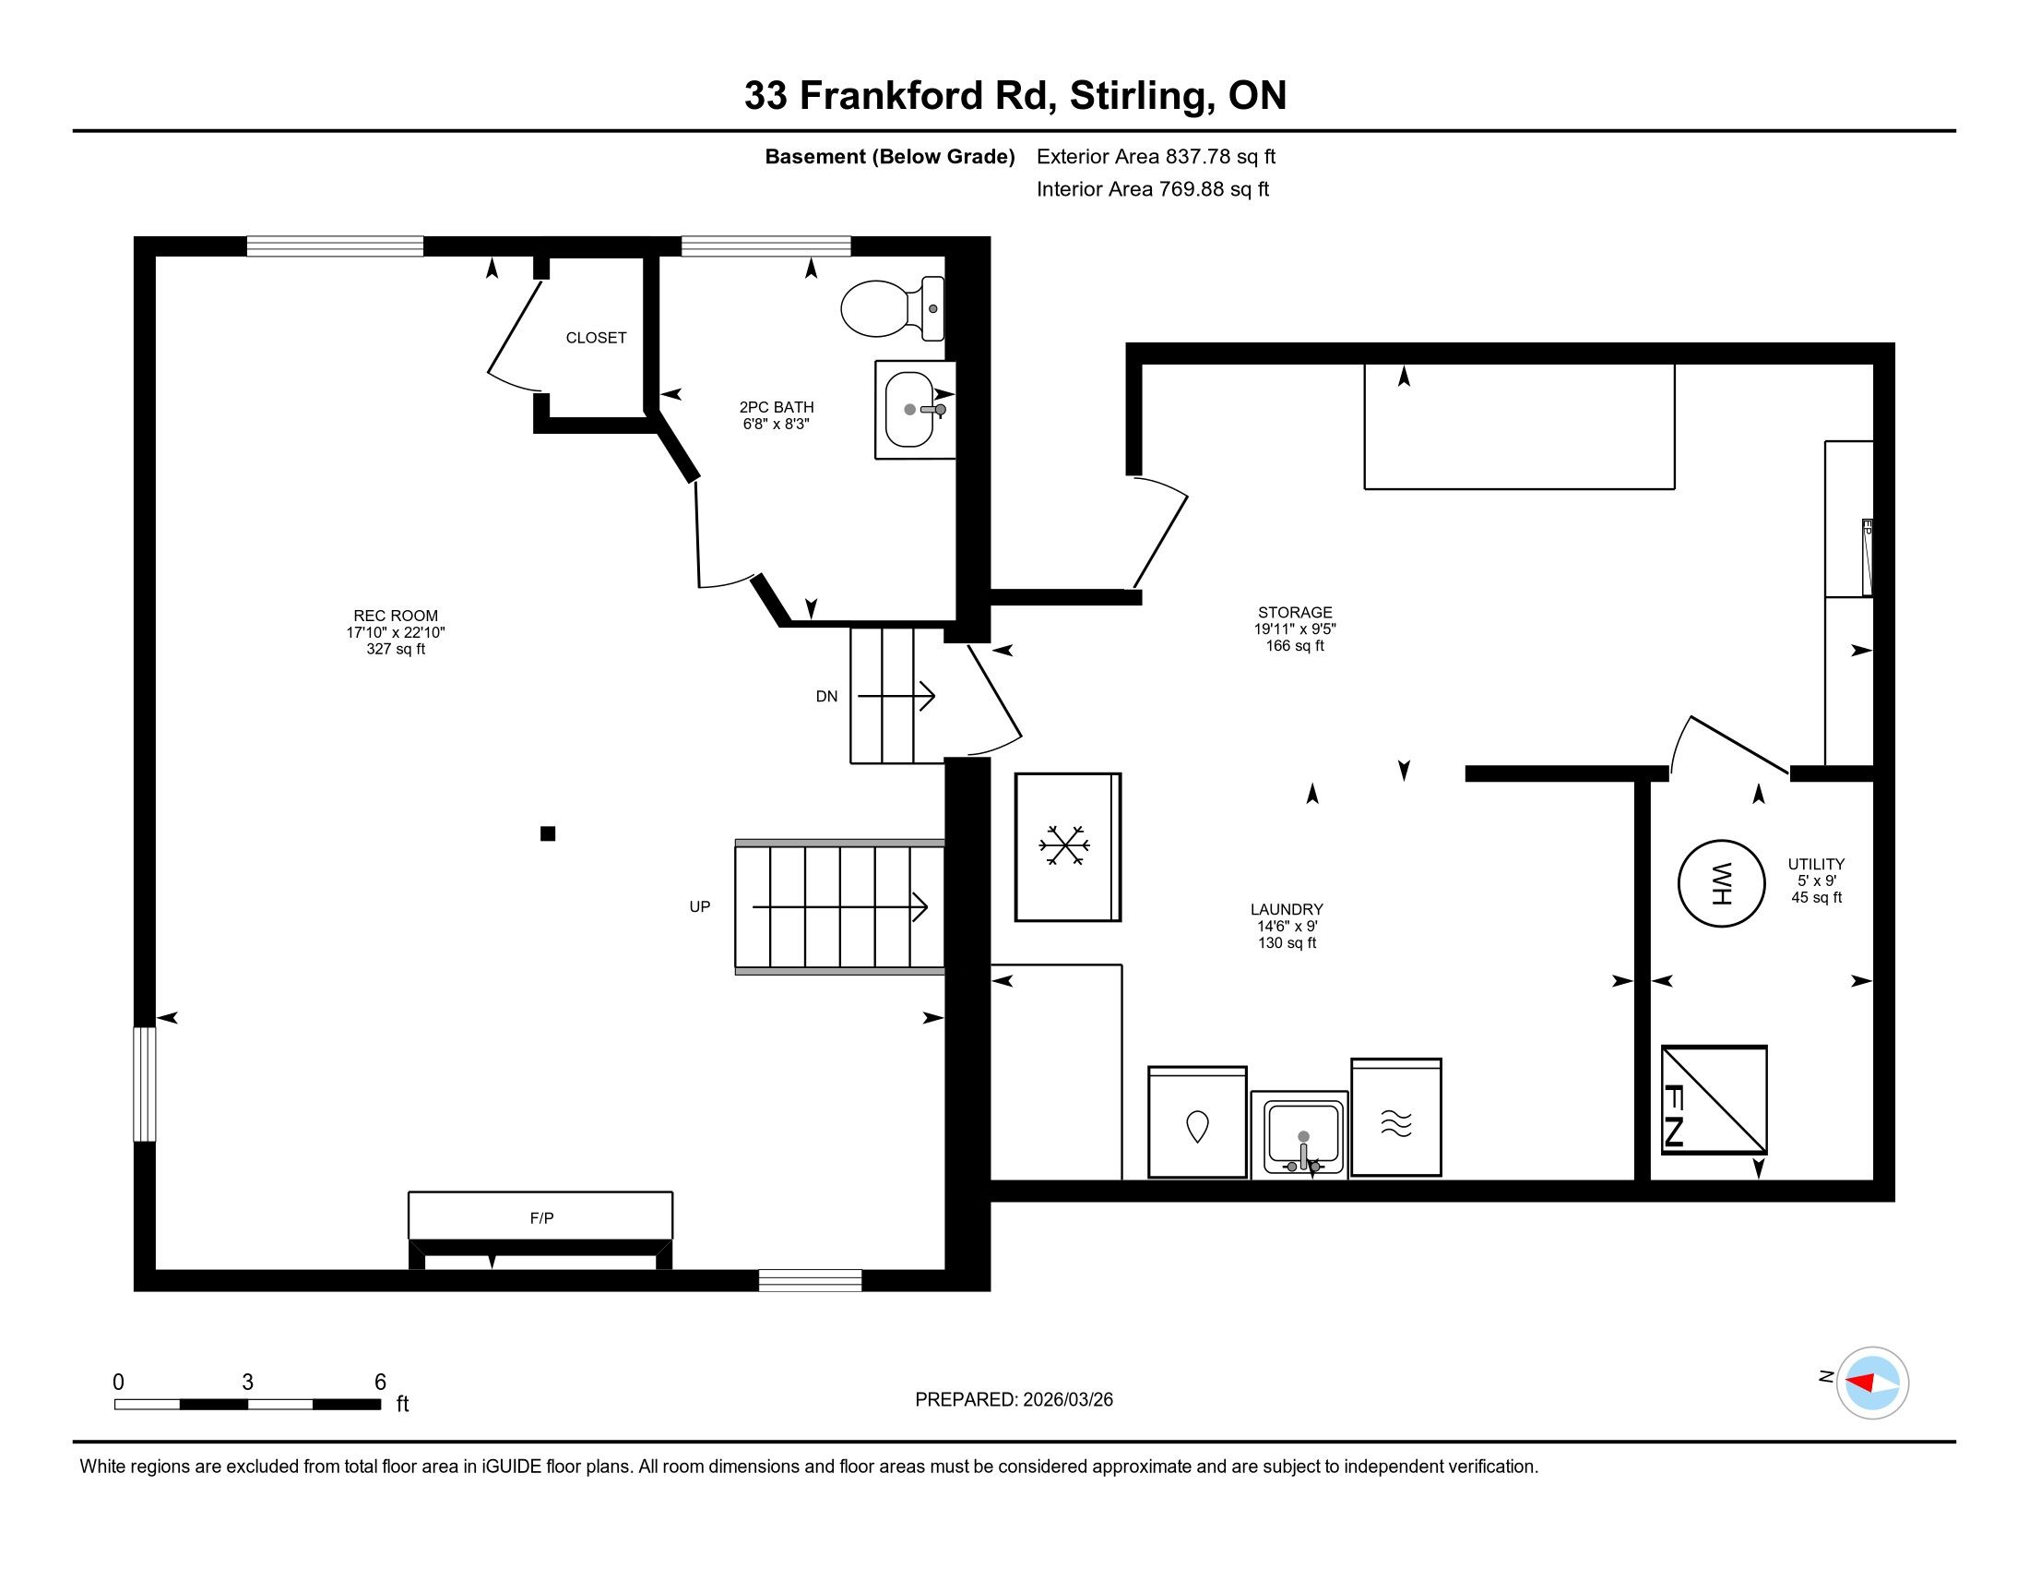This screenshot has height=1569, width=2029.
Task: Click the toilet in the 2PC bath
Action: (892, 307)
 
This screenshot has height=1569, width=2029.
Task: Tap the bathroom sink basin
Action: (910, 410)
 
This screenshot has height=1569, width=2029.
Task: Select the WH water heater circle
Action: (1721, 883)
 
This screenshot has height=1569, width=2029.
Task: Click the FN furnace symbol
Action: (1715, 1100)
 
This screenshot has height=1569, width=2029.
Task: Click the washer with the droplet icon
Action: (1197, 1122)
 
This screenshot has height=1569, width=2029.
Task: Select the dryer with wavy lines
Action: (1395, 1118)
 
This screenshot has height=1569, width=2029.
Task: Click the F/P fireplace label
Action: (541, 1217)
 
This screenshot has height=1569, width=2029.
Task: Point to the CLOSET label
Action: (597, 339)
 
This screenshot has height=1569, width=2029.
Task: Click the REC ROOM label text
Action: (396, 616)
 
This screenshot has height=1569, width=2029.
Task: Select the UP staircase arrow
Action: (840, 906)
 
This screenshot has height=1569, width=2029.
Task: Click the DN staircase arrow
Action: (896, 696)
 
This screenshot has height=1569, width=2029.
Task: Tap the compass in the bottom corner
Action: (1872, 1383)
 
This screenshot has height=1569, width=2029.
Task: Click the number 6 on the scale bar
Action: (380, 1383)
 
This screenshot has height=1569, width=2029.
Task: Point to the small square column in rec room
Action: (548, 833)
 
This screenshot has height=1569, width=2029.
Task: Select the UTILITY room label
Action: (1816, 865)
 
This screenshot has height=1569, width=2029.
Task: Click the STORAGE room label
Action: (1295, 613)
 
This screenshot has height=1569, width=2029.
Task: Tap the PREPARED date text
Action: (1014, 1400)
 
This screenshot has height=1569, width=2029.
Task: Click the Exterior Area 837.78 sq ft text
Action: (1156, 157)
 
